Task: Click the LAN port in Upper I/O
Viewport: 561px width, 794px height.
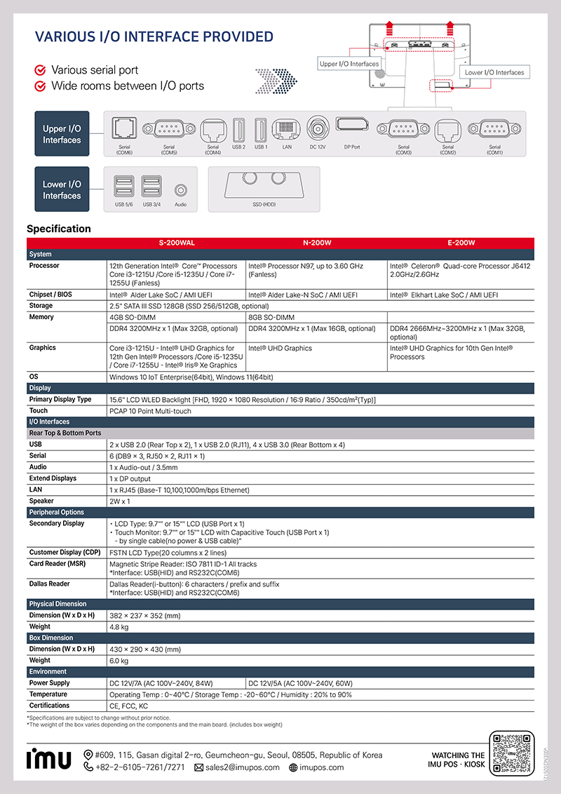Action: pos(286,129)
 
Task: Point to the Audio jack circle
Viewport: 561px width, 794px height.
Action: pos(180,189)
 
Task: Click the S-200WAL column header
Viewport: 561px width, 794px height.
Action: pos(176,243)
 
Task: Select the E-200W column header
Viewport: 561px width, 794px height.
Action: pos(461,243)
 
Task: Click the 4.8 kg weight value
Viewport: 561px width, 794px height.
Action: pos(119,626)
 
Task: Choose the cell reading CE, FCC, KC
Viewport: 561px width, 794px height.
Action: pos(128,706)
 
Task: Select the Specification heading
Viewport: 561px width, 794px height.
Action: pos(59,229)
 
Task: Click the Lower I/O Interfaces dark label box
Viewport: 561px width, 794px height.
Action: pos(62,189)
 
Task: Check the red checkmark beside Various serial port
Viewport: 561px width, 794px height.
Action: pos(41,70)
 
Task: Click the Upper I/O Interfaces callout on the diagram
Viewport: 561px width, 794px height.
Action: pos(349,64)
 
